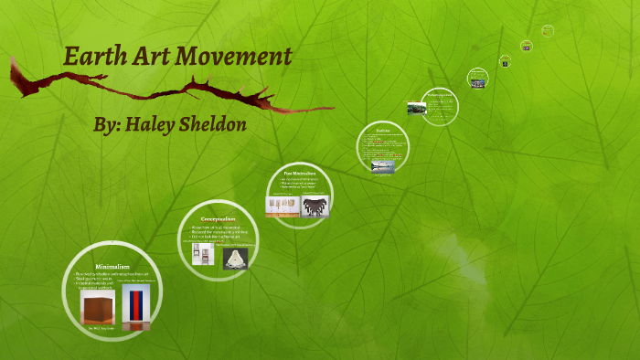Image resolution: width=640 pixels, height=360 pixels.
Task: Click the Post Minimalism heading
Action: pyautogui.click(x=299, y=172)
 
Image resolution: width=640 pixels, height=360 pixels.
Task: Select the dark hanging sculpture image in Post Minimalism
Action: pyautogui.click(x=315, y=206)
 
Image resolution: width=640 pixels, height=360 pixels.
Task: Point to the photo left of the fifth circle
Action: pyautogui.click(x=416, y=108)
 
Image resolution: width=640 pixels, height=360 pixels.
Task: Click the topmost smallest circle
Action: pyautogui.click(x=548, y=30)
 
